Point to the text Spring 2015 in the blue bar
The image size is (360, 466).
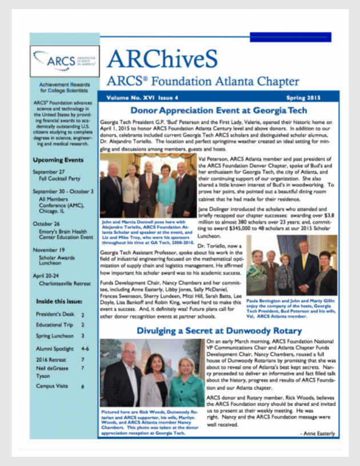click(314, 98)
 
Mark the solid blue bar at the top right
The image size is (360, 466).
click(291, 37)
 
